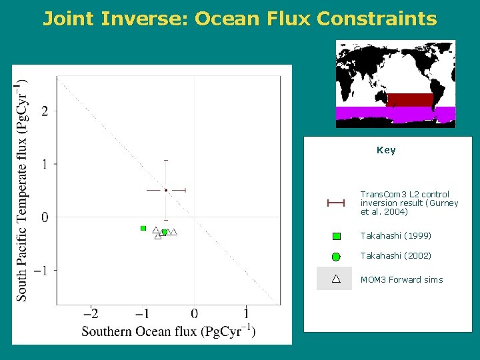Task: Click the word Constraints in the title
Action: tap(377, 18)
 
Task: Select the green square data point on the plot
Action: tap(143, 228)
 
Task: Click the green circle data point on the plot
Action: tap(164, 232)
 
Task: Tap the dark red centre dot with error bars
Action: tap(166, 190)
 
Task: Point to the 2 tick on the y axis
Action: tap(45, 111)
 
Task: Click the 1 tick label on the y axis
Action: tap(45, 163)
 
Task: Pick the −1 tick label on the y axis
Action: tap(41, 270)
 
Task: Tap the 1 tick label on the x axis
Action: tap(246, 313)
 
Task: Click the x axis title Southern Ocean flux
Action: tap(168, 331)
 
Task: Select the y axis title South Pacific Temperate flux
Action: tap(22, 190)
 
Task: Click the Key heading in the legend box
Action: tap(386, 150)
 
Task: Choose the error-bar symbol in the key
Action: tap(335, 203)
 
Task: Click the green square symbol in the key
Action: tap(337, 236)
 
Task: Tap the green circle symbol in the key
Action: tap(337, 256)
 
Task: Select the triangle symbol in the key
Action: tap(336, 278)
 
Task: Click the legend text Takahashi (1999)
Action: tap(396, 236)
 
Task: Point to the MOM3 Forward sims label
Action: tap(401, 279)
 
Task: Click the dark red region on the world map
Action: tap(410, 99)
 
